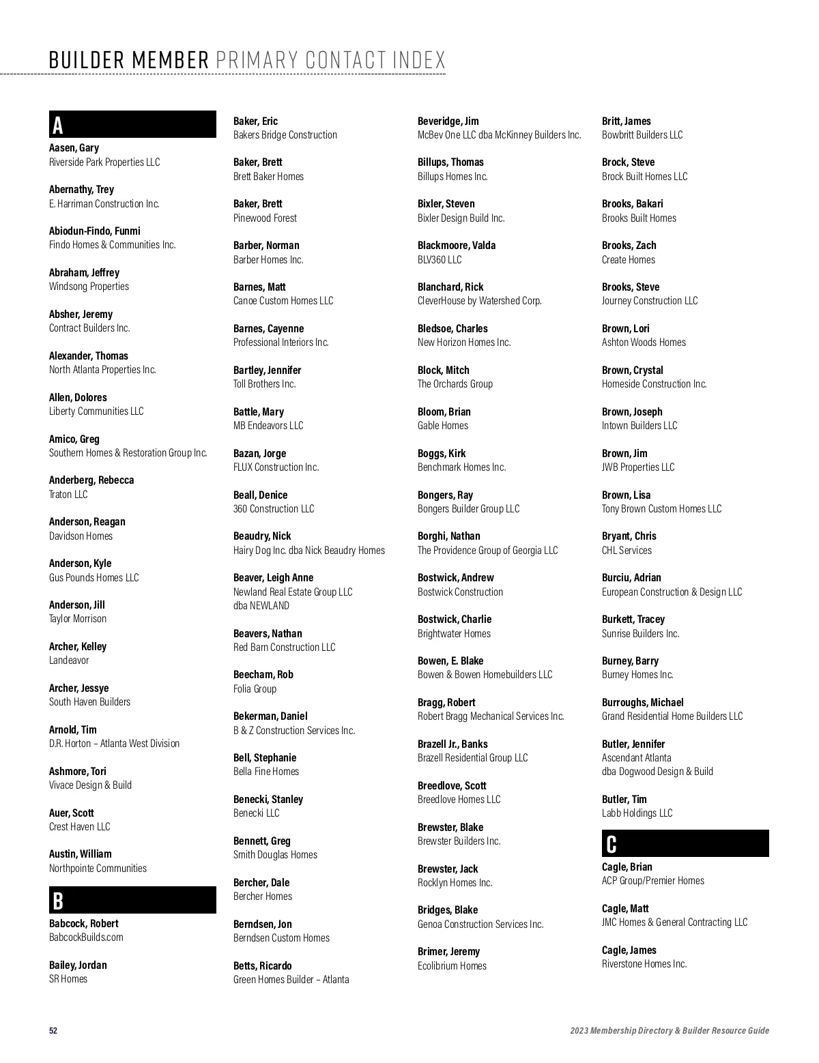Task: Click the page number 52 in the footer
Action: pyautogui.click(x=53, y=1030)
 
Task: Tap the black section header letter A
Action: pyautogui.click(x=58, y=126)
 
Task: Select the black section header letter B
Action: pyautogui.click(x=58, y=901)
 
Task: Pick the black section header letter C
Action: pyautogui.click(x=612, y=844)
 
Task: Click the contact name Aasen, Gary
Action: pyautogui.click(x=74, y=148)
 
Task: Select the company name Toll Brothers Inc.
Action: pyautogui.click(x=265, y=384)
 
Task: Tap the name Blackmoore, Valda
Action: pyautogui.click(x=457, y=246)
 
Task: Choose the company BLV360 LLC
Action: pyautogui.click(x=440, y=260)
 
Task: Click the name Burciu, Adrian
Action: pyautogui.click(x=631, y=578)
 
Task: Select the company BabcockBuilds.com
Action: pyautogui.click(x=86, y=937)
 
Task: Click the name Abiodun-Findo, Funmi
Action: pyautogui.click(x=95, y=231)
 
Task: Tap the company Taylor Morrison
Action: pyautogui.click(x=78, y=619)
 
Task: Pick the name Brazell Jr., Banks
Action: pyautogui.click(x=452, y=744)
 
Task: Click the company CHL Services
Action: pyautogui.click(x=627, y=551)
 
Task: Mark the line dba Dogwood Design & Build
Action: pyautogui.click(x=657, y=772)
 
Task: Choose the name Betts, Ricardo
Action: pyautogui.click(x=263, y=966)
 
